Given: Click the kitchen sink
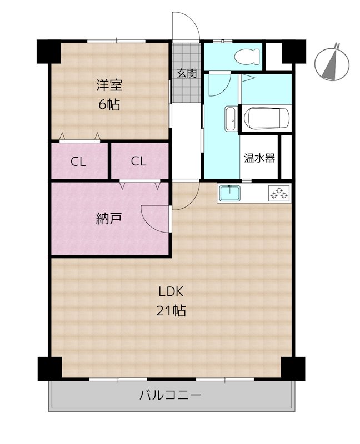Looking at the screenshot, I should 228,193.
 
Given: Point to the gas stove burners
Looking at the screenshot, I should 279,193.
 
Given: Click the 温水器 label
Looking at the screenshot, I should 259,158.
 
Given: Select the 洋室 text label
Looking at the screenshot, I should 109,85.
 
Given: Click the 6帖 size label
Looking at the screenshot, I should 109,104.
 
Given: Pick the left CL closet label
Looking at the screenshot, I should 78,162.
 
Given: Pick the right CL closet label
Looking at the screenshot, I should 138,162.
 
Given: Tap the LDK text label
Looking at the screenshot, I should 171,292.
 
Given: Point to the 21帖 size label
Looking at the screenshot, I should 171,311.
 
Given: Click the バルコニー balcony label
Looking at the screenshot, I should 170,396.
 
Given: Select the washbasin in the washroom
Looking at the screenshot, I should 230,118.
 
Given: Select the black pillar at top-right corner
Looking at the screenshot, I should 294,52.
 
